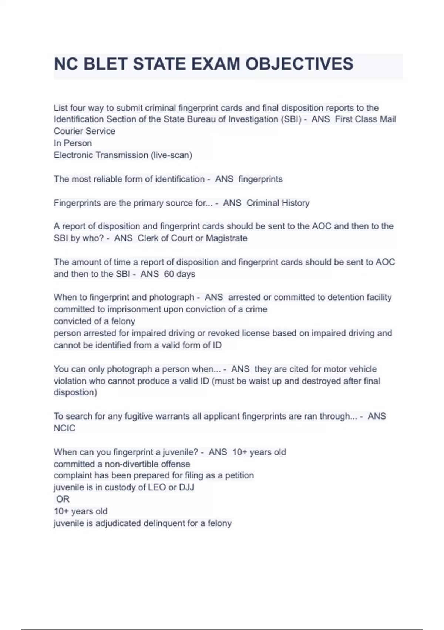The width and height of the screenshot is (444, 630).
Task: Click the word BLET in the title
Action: point(105,64)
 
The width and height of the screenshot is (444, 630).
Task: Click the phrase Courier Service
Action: point(84,131)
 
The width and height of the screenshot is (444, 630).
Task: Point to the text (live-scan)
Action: point(171,155)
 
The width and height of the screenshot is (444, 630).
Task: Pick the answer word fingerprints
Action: point(260,179)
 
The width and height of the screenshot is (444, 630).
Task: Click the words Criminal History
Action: point(278,203)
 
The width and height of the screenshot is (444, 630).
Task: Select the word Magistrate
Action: point(226,238)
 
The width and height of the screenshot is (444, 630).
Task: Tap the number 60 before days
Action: point(169,274)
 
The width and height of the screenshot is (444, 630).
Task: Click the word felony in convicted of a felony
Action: point(123,321)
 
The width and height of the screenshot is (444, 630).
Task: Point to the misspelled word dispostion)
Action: point(75,392)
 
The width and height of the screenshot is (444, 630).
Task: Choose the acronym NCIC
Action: point(64,428)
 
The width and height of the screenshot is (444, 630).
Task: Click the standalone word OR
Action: point(63,499)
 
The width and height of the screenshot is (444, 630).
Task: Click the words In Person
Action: point(73,143)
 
